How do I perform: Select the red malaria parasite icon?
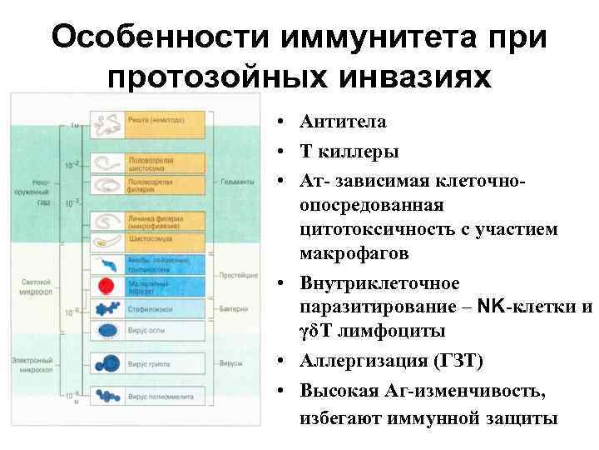[106, 286]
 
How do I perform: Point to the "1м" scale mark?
[74, 125]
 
